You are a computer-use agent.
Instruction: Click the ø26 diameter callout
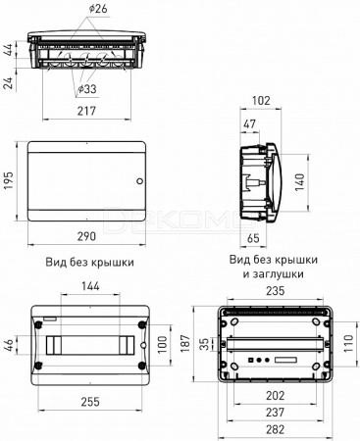point(98,9)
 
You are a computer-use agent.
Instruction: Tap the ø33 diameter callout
point(87,88)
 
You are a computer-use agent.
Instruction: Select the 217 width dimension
point(86,111)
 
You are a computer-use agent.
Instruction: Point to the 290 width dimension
point(86,236)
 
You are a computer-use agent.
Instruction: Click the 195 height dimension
point(9,180)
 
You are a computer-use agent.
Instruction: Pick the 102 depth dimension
point(262,101)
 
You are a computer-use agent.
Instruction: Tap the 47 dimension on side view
point(250,124)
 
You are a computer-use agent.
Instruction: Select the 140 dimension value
point(299,182)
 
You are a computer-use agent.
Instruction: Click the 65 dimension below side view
point(253,238)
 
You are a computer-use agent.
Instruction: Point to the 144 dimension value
point(90,286)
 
